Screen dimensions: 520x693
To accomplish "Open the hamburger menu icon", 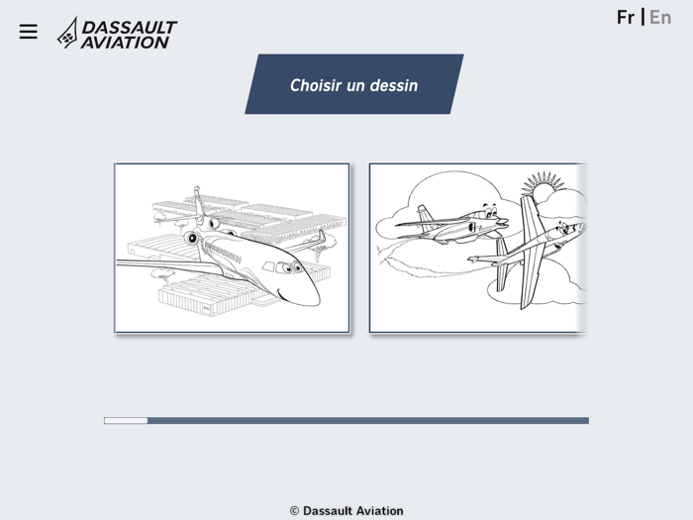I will tap(28, 32).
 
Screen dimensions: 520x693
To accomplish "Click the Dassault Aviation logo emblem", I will tap(67, 33).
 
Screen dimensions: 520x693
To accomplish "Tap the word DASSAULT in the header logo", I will tap(129, 27).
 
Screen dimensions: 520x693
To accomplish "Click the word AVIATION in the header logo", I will tap(125, 43).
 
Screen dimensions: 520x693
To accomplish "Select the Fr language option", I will tap(626, 17).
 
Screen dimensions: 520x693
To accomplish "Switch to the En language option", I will tap(660, 17).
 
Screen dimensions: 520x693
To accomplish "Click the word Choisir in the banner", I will tap(315, 85).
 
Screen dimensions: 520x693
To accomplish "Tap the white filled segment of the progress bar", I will tap(126, 421).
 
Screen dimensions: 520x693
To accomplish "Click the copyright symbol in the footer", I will tap(294, 511).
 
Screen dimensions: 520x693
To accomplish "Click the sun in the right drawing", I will tap(542, 186).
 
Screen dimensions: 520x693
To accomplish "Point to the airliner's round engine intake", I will tap(191, 238).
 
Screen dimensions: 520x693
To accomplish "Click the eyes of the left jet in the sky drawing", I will tap(486, 211).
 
